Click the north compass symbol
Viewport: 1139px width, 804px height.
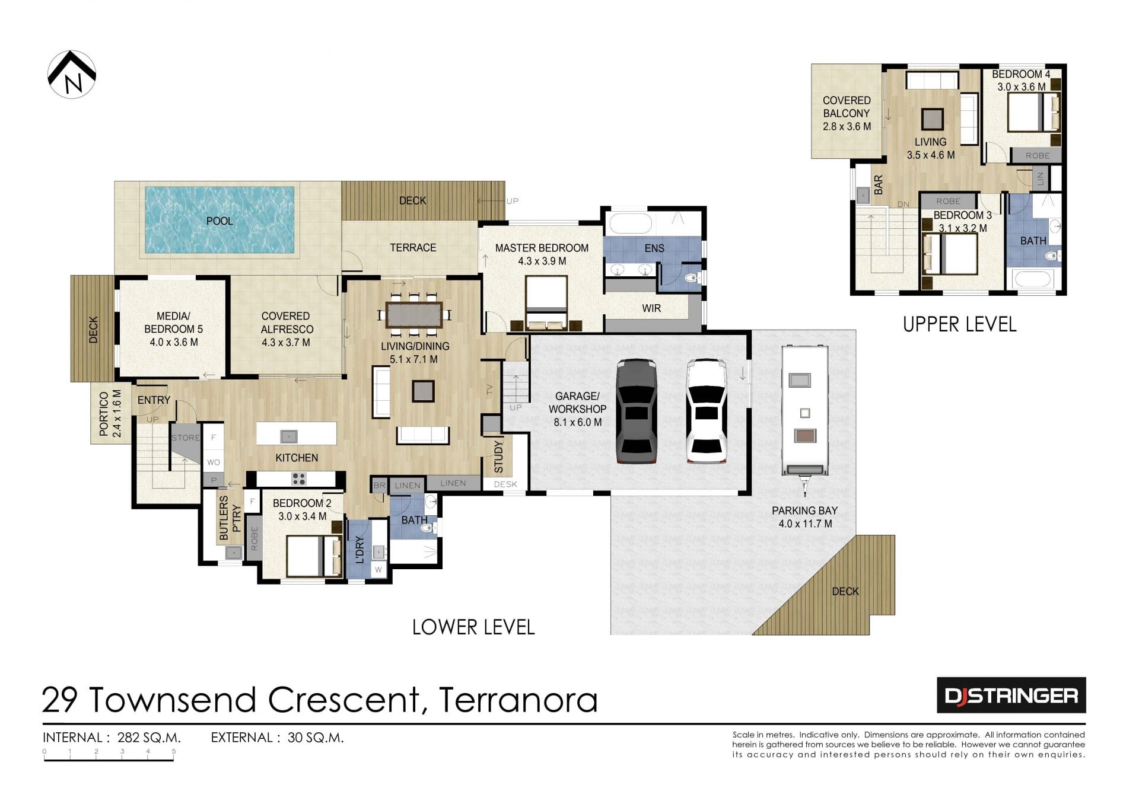[72, 74]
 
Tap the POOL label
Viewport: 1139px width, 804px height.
[219, 221]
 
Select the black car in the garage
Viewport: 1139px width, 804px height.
[636, 411]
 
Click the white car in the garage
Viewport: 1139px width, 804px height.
[706, 411]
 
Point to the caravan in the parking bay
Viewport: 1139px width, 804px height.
[804, 419]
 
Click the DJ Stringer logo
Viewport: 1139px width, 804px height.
[1011, 695]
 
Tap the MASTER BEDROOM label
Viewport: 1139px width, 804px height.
[542, 248]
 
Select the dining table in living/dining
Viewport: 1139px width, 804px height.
[414, 315]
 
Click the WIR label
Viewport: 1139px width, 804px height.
[651, 308]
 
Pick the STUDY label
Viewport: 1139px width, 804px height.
[498, 457]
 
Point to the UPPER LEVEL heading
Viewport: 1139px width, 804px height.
[959, 324]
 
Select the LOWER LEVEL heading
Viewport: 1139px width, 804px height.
[473, 627]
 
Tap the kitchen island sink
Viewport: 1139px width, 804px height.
[289, 436]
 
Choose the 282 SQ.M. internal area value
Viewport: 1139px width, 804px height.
[149, 738]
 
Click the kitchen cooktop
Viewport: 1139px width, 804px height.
[298, 478]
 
